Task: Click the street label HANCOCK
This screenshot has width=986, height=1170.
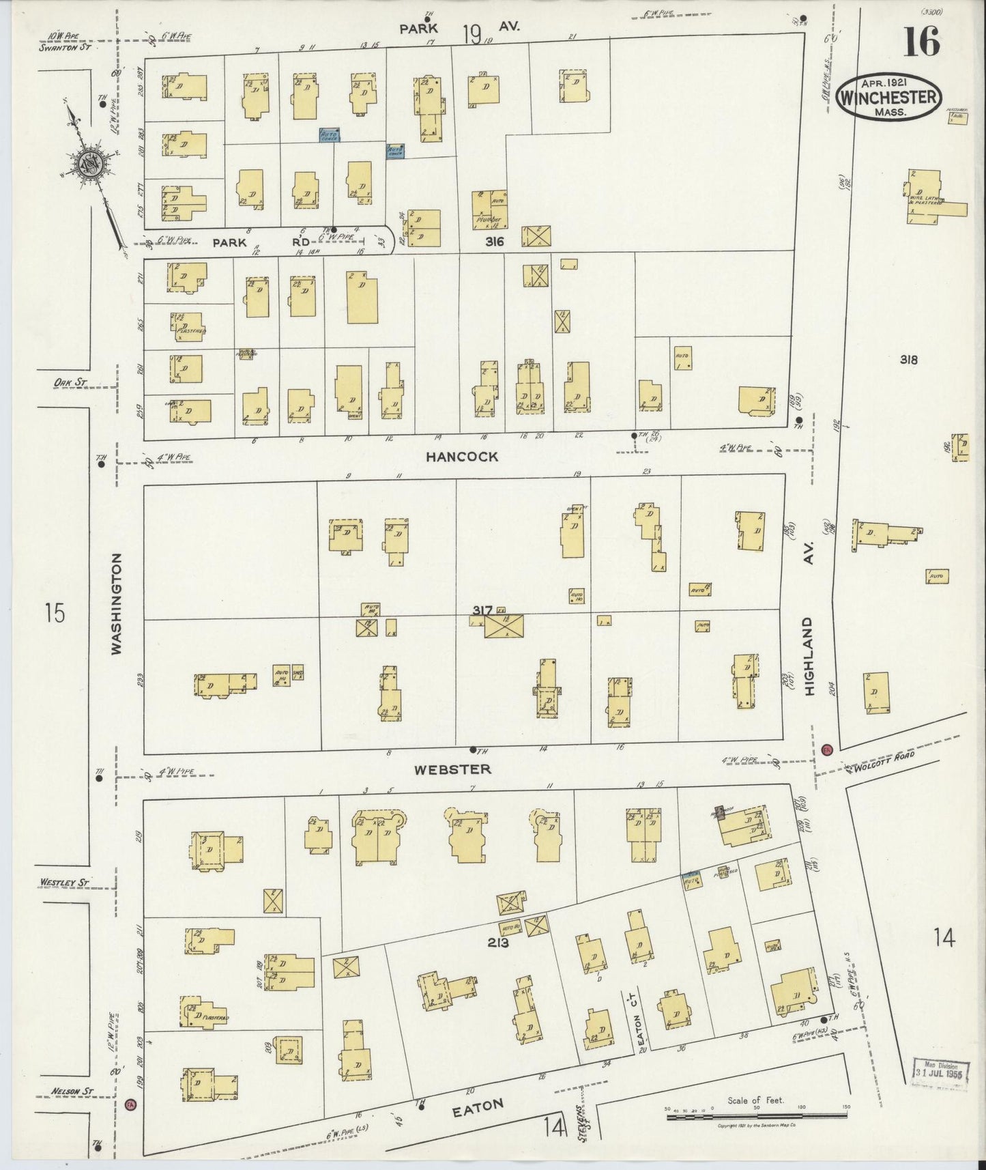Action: point(461,457)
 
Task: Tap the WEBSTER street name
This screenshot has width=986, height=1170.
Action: point(452,769)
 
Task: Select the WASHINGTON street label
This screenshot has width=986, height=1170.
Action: point(117,604)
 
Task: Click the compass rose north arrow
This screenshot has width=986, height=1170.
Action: point(89,165)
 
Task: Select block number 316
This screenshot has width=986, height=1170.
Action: point(495,242)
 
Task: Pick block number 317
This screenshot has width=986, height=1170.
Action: point(482,610)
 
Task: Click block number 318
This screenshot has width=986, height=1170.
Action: point(908,360)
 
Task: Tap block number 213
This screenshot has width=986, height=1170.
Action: point(499,943)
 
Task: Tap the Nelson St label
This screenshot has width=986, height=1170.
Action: point(71,1091)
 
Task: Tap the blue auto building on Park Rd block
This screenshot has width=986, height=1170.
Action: point(330,135)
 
